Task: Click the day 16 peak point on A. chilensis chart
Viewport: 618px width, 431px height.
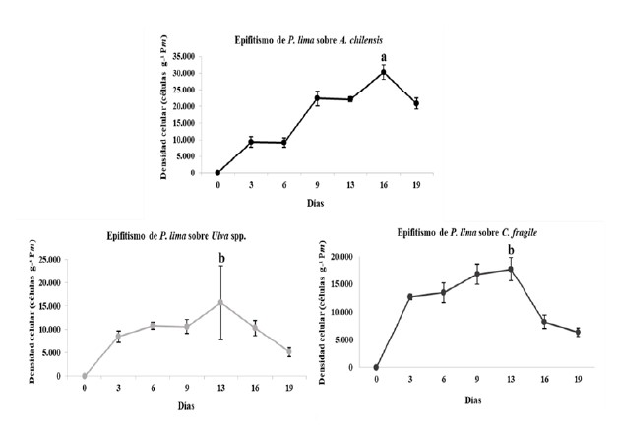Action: coord(384,72)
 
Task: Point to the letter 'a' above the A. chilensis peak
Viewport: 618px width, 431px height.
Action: coord(385,56)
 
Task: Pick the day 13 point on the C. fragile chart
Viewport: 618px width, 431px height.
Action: coord(510,270)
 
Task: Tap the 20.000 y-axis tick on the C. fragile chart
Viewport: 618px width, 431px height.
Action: coord(342,257)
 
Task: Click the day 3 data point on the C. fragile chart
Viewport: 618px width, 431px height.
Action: coord(408,297)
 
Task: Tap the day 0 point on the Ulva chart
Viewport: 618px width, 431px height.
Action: coord(85,375)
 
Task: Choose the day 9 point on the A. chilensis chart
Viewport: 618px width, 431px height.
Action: coord(317,97)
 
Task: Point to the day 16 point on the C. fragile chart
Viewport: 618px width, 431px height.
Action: coord(544,322)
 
